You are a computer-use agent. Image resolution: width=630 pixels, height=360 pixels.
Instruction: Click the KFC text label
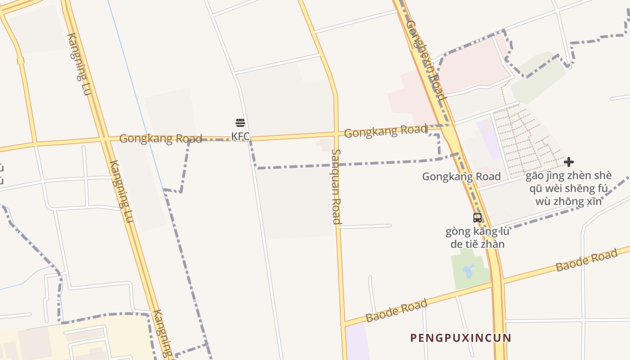click(x=240, y=135)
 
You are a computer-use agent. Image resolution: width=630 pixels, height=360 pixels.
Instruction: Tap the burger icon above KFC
click(x=240, y=123)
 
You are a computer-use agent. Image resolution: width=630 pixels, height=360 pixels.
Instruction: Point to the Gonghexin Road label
click(x=426, y=60)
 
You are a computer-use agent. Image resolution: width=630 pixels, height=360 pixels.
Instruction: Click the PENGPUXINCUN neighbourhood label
click(x=461, y=338)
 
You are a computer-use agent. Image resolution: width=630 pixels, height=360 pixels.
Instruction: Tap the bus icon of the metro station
click(x=477, y=218)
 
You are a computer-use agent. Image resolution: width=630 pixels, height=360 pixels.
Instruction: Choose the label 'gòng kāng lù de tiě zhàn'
click(x=477, y=238)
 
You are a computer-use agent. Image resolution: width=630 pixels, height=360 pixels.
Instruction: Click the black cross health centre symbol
click(x=569, y=162)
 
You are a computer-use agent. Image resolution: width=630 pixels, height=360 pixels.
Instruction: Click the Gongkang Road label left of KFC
click(x=160, y=139)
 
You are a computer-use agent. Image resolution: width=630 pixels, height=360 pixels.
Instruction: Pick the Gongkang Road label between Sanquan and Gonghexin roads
click(x=386, y=131)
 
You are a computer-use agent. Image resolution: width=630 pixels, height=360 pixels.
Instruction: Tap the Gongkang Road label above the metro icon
click(x=461, y=176)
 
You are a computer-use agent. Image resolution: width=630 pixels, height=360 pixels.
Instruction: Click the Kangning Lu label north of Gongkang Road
click(x=79, y=64)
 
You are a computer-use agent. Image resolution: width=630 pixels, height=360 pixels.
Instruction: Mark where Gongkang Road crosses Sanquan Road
click(x=336, y=134)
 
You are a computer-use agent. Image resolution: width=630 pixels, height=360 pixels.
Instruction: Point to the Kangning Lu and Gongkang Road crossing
click(x=104, y=139)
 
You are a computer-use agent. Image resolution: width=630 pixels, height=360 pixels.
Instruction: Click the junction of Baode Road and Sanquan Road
click(x=343, y=324)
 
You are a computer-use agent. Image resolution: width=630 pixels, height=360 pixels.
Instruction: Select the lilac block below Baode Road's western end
click(x=357, y=342)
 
